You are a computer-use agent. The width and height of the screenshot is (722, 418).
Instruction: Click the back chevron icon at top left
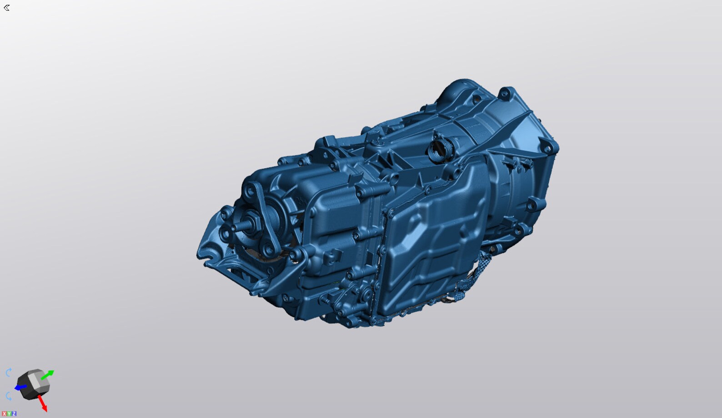point(6,8)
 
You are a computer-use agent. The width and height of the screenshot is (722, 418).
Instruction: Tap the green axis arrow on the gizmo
point(48,374)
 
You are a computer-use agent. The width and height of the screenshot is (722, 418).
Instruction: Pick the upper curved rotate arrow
point(8,373)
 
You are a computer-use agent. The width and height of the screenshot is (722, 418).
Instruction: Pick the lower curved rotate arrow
point(8,396)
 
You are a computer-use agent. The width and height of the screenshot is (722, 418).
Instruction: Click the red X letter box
point(4,413)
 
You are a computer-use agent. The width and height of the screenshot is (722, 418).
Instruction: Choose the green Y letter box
point(9,413)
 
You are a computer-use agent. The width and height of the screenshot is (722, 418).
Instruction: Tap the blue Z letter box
point(14,413)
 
